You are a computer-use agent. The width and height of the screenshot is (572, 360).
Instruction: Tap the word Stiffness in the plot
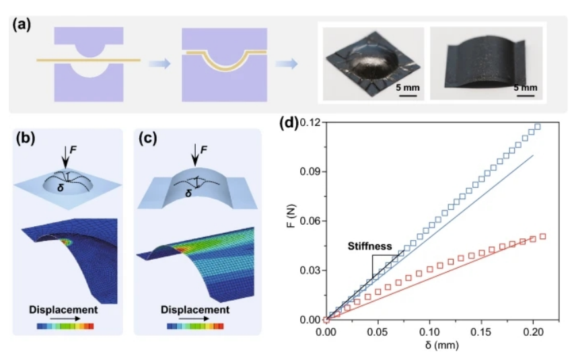point(369,246)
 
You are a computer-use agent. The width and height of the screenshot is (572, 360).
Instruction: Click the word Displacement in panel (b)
point(64,310)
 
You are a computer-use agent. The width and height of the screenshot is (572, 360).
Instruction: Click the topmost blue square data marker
point(537,127)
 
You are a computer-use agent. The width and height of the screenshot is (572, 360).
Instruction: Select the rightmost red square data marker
point(543,236)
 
